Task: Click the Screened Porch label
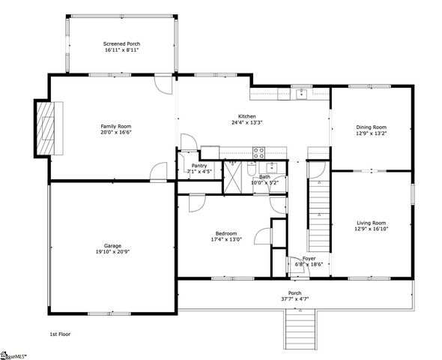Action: pos(121,44)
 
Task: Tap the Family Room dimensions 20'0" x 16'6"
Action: pos(116,132)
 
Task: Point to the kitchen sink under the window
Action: pos(300,94)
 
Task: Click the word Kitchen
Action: pos(247,116)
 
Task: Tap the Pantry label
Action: pos(199,166)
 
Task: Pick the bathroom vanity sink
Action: pos(273,166)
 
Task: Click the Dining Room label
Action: pos(371,127)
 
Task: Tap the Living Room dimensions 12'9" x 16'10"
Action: pos(371,229)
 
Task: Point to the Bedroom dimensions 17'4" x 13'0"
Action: pos(223,240)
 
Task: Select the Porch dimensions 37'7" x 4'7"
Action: pos(295,299)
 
